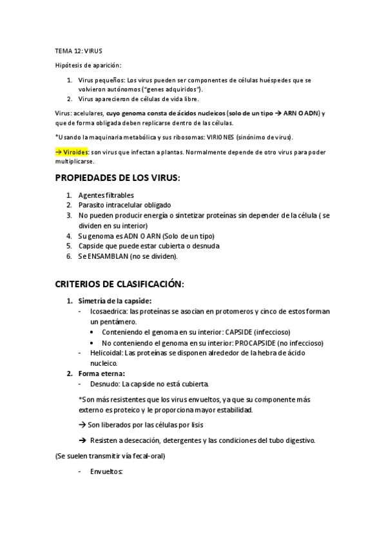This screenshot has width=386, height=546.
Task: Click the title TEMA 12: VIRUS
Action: tap(79, 50)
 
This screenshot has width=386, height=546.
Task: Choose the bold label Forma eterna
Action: tap(102, 373)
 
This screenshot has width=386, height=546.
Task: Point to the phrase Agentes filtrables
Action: tap(106, 194)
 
